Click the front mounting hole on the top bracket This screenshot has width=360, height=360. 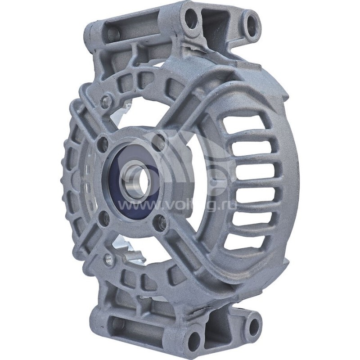[191, 19]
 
